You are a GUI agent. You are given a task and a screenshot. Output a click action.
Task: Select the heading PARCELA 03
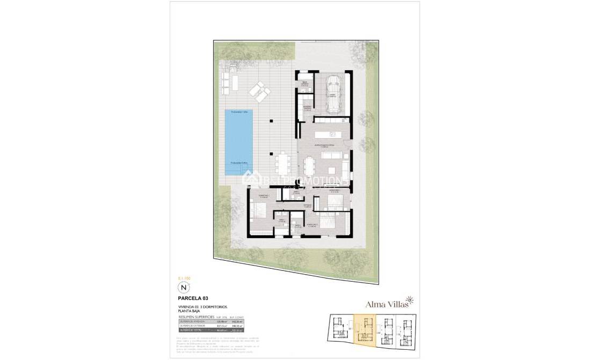pyautogui.click(x=193, y=297)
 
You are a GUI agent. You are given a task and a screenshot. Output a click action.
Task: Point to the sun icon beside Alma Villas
pyautogui.click(x=410, y=299)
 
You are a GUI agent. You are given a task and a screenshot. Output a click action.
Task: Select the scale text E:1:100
pyautogui.click(x=184, y=278)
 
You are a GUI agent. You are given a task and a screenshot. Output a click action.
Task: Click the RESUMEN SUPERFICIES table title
pyautogui.click(x=196, y=317)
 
